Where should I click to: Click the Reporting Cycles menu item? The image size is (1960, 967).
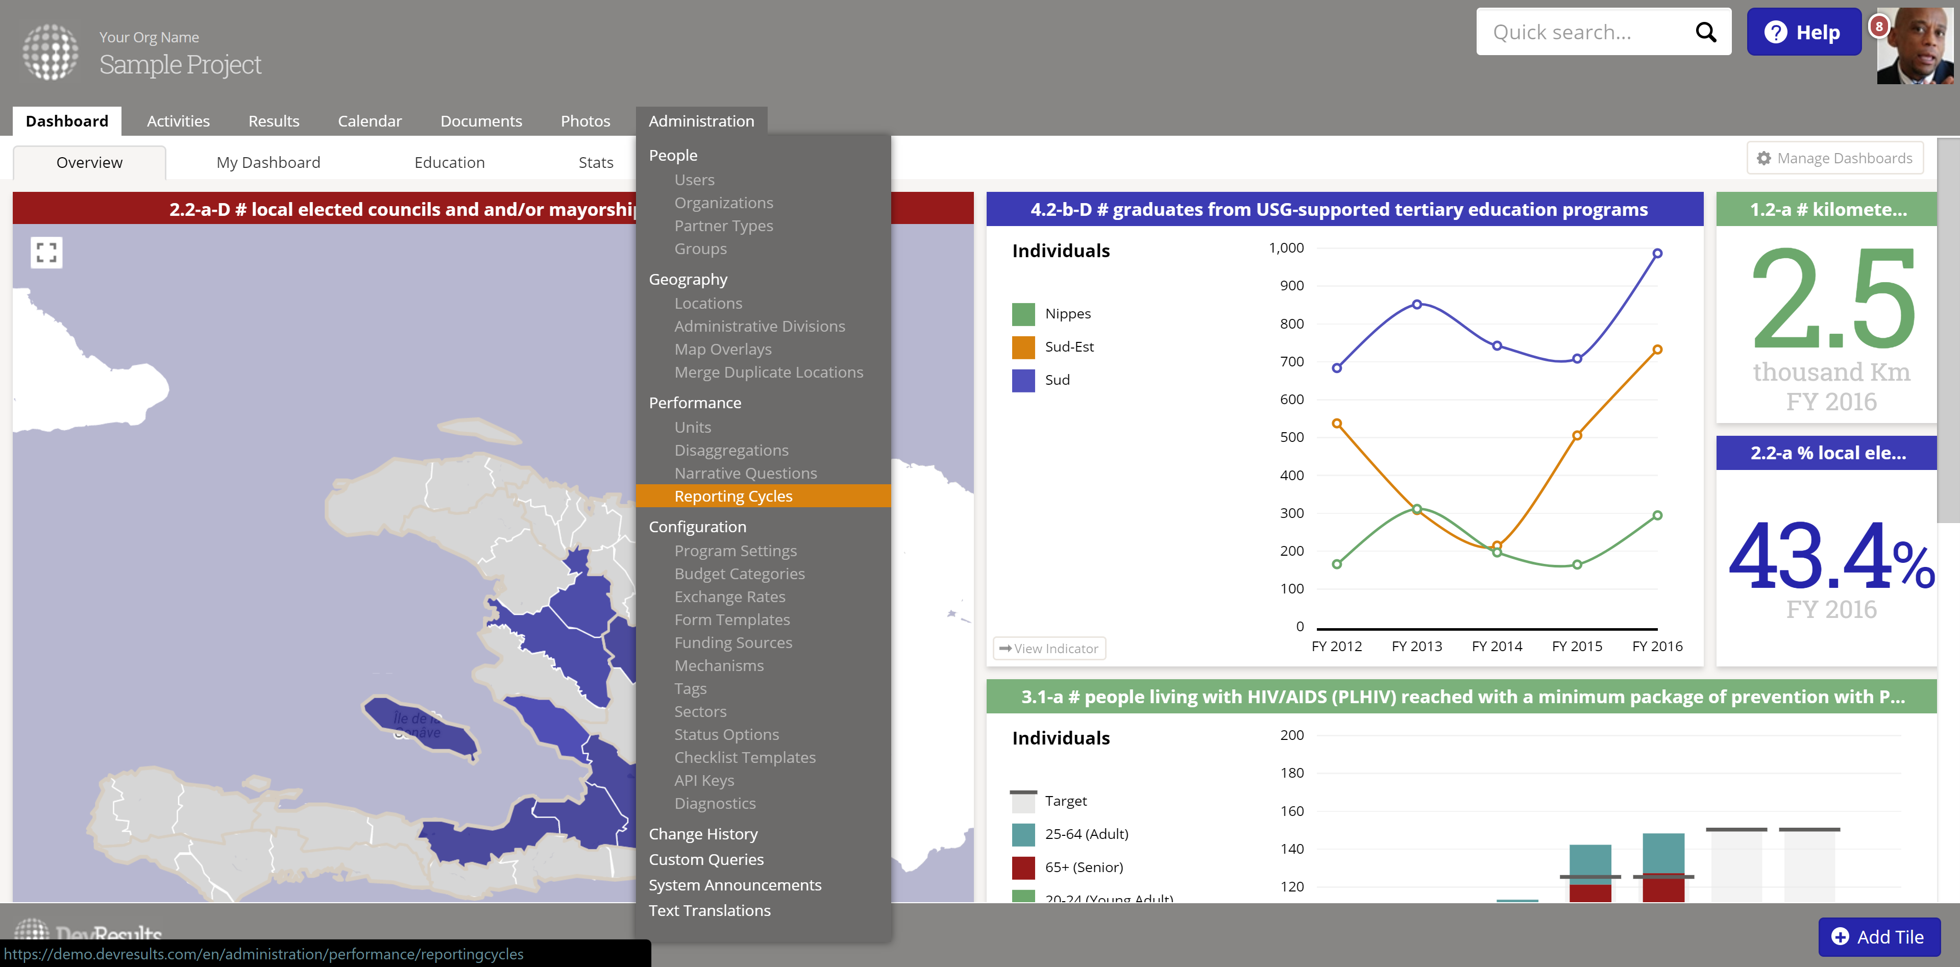(x=733, y=496)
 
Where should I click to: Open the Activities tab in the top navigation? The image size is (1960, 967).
(x=178, y=121)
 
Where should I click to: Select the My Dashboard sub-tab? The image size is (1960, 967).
(x=268, y=162)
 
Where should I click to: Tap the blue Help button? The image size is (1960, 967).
(x=1803, y=32)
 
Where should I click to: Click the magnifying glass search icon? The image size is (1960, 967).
(x=1706, y=32)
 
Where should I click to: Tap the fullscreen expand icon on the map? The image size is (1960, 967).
(x=46, y=253)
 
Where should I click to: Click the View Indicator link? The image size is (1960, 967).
(x=1049, y=648)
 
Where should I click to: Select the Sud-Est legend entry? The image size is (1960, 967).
(x=1069, y=347)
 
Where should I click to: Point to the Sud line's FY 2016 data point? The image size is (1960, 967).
(x=1657, y=253)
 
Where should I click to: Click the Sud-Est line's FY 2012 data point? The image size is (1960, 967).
(x=1337, y=424)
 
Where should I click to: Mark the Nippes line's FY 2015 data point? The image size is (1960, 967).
(x=1577, y=564)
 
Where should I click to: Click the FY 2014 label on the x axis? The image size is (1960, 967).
(x=1497, y=646)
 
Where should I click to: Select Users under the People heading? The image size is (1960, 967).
(x=694, y=180)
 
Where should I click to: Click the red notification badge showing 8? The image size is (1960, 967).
(x=1878, y=26)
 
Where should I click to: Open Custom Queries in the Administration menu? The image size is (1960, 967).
(x=705, y=859)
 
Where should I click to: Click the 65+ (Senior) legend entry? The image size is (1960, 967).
(x=1084, y=866)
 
